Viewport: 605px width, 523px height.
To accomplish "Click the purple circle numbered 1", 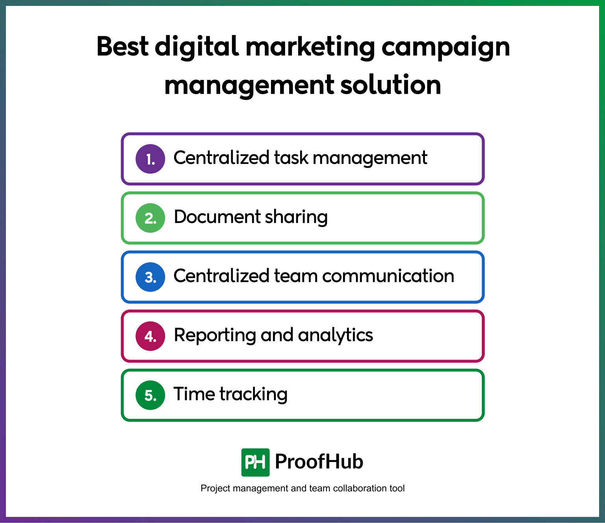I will [x=150, y=159].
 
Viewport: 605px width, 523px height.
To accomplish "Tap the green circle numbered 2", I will [x=150, y=218].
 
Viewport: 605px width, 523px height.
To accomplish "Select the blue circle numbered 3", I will [x=150, y=277].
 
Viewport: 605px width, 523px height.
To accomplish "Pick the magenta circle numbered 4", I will [x=150, y=336].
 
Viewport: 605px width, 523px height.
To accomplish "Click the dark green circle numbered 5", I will [x=150, y=395].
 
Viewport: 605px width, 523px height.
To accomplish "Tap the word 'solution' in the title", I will [x=391, y=85].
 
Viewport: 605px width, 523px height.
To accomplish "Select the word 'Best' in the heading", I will [x=122, y=46].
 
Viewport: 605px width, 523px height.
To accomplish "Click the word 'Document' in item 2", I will [x=217, y=217].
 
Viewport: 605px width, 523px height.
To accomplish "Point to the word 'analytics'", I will [x=335, y=336].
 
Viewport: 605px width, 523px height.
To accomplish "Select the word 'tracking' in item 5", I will [x=254, y=394].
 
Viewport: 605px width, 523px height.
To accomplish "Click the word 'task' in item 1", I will [x=291, y=158].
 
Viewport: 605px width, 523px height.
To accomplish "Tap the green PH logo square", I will [x=255, y=462].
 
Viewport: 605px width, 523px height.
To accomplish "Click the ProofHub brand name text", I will [x=319, y=462].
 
